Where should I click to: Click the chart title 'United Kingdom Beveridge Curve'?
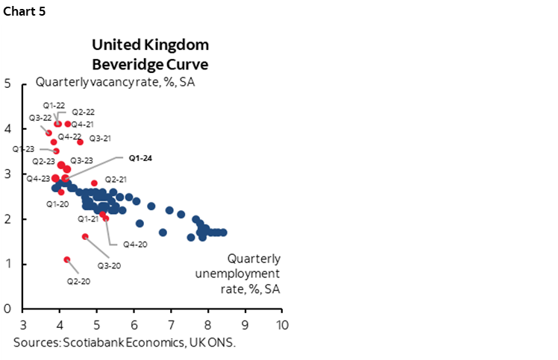coord(150,54)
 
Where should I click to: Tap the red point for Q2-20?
coord(67,259)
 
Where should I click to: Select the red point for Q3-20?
coord(85,236)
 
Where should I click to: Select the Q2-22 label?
coord(83,112)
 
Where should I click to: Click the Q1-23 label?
coord(25,149)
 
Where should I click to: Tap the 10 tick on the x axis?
coord(282,326)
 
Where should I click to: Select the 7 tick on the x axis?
coord(171,326)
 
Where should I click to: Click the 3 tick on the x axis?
coord(23,326)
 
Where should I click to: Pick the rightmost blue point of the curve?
coord(223,232)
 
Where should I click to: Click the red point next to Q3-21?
coord(80,142)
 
